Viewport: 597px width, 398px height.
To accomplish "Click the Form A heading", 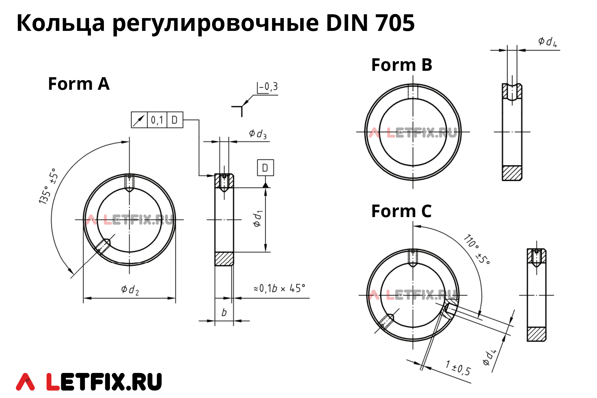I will click(x=79, y=84).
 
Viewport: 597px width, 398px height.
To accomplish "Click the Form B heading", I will click(x=401, y=65).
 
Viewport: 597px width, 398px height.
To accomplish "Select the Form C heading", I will click(x=401, y=211).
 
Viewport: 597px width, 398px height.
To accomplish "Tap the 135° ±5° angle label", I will click(x=48, y=186).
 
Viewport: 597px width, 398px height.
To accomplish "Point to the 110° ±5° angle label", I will click(x=477, y=249).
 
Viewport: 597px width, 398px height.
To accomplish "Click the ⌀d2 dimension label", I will click(x=130, y=290).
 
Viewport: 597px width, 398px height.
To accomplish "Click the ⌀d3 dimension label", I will click(x=258, y=134).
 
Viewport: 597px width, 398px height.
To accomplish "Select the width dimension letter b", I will click(x=224, y=312).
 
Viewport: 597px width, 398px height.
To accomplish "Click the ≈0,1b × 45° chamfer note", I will click(x=279, y=288).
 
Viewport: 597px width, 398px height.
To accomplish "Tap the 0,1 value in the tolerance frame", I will click(x=157, y=120).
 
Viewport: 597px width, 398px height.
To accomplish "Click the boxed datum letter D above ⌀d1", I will click(x=265, y=168).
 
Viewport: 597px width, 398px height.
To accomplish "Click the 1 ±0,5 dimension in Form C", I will click(x=458, y=368).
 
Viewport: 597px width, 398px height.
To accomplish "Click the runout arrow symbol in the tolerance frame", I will click(x=139, y=120).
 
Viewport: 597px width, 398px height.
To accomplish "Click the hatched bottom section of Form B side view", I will click(x=512, y=173).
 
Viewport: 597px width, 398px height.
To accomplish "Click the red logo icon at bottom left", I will click(x=25, y=382).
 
